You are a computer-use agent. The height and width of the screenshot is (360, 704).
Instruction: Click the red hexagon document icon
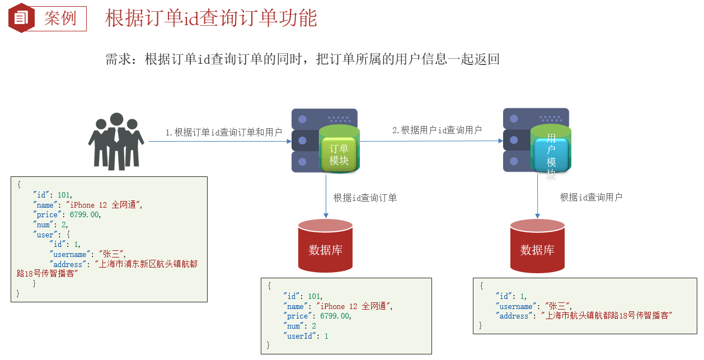[21, 18]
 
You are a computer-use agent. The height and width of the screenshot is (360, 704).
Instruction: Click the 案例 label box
[60, 18]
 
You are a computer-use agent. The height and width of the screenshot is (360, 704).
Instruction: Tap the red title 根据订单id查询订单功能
[211, 18]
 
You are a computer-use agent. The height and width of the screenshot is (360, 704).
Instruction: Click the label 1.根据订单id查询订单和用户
[223, 133]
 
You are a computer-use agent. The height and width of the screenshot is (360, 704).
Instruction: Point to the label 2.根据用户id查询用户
[437, 130]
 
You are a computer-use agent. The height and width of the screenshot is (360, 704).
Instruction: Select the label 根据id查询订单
[365, 198]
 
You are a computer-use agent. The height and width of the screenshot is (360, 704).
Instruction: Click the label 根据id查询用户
[591, 197]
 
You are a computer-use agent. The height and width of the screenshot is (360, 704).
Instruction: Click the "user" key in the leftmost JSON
[45, 235]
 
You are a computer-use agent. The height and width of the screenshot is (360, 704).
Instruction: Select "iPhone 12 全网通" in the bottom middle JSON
[354, 306]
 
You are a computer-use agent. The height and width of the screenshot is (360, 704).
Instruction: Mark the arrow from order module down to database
[326, 196]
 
